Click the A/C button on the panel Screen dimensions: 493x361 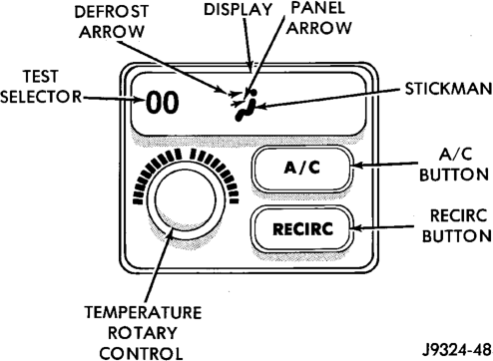[302, 169]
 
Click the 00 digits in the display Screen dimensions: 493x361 [163, 103]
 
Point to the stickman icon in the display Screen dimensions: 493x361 [246, 105]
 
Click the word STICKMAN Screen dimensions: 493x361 [448, 89]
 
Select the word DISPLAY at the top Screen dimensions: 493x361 [239, 9]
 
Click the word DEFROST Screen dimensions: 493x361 [111, 12]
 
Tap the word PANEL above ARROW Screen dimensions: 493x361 [318, 8]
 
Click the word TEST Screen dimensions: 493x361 [41, 77]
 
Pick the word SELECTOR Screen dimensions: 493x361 [41, 97]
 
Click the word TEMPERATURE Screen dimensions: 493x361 [144, 313]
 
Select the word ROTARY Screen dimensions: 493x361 [143, 333]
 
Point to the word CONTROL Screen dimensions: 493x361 [142, 353]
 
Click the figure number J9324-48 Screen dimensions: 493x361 [456, 349]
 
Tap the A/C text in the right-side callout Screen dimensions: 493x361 [455, 155]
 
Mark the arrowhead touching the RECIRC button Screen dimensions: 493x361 [356, 228]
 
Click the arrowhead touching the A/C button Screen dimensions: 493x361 [356, 165]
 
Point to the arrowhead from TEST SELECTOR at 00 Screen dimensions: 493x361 [141, 99]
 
